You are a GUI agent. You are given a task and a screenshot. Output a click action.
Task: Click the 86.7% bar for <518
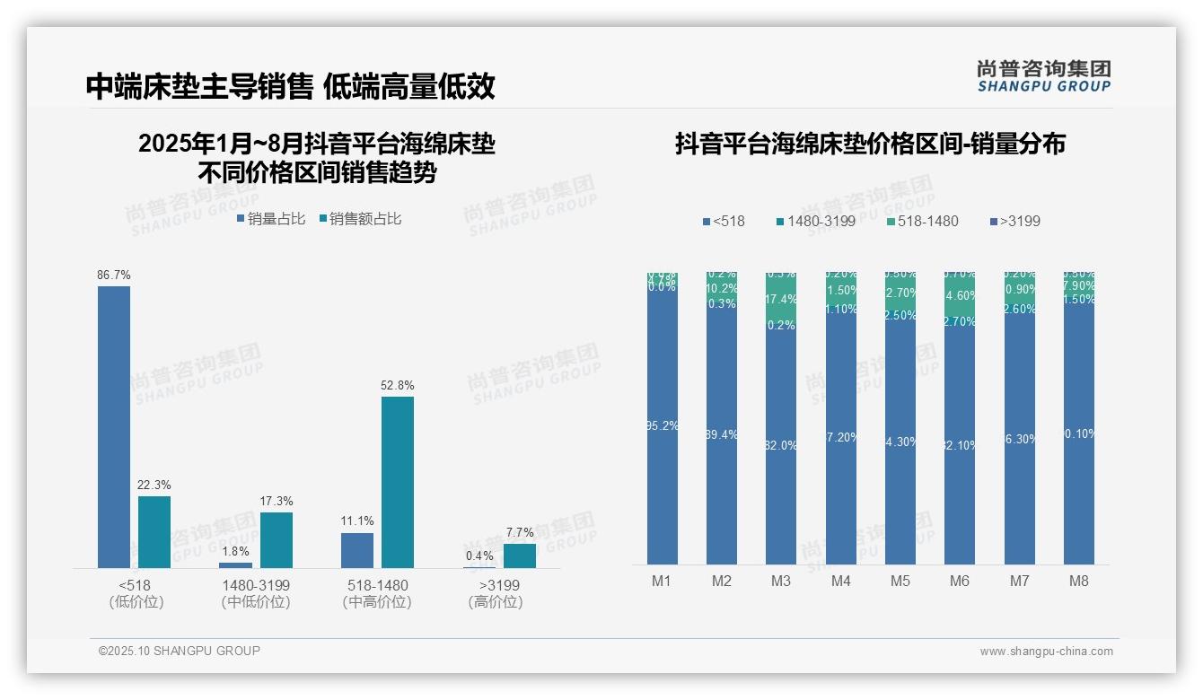tap(114, 426)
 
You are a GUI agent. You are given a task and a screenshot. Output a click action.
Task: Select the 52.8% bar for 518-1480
tap(398, 482)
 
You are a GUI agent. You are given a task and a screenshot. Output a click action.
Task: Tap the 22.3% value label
tap(154, 485)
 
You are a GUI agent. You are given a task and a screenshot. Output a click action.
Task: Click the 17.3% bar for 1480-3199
tap(277, 539)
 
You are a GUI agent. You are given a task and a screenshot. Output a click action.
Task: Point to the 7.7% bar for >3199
tap(519, 556)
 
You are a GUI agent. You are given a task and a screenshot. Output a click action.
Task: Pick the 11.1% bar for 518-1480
tap(357, 550)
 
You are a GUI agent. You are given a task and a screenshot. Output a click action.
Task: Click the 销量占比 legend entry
tap(271, 219)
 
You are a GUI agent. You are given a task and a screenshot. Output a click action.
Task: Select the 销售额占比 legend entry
tap(360, 219)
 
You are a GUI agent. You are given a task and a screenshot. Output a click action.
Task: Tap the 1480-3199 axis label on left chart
tap(256, 585)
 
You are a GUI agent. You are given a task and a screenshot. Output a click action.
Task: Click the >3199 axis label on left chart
tap(495, 585)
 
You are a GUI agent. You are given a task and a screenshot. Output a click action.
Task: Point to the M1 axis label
tap(662, 581)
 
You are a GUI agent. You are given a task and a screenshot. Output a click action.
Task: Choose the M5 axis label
tap(900, 581)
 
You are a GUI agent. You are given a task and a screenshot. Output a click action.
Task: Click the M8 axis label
tap(1078, 581)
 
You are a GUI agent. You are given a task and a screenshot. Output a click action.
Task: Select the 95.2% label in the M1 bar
tap(662, 426)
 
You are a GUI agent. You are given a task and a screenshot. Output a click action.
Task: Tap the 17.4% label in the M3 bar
tap(781, 300)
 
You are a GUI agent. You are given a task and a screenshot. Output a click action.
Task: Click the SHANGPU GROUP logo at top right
tap(1043, 76)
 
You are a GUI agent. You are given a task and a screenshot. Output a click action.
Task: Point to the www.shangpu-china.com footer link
tap(1046, 652)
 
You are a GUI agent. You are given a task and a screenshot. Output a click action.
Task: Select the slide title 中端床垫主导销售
tap(198, 87)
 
